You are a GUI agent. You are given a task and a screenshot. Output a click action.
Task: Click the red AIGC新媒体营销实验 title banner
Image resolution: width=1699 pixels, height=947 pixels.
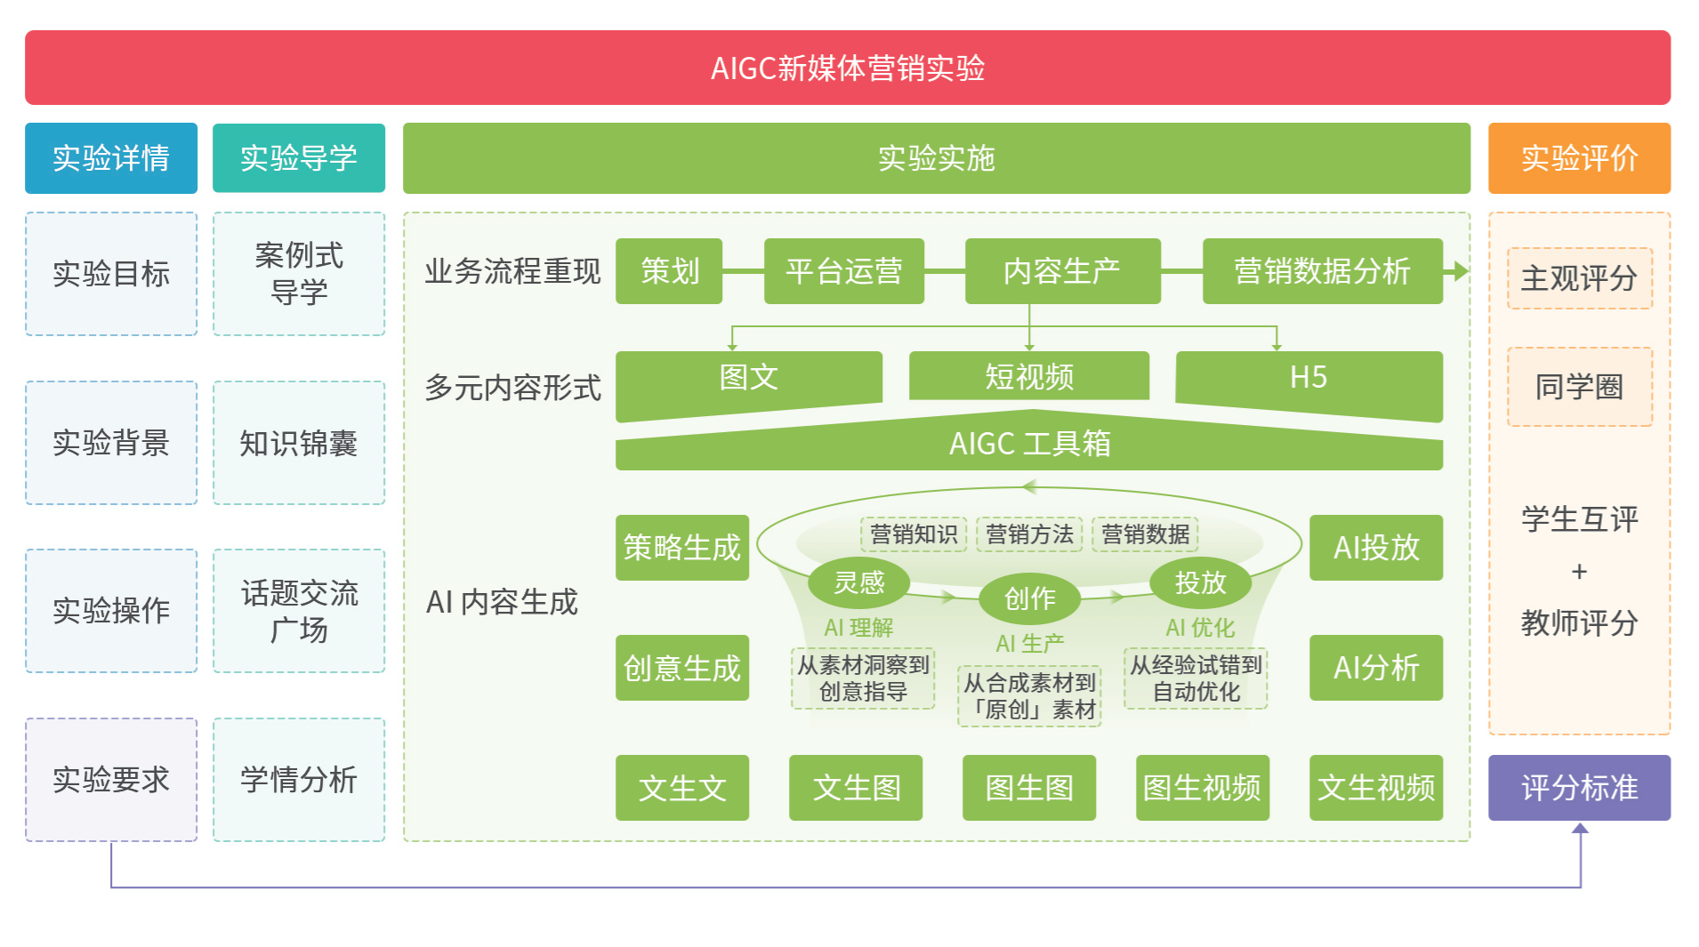tap(847, 68)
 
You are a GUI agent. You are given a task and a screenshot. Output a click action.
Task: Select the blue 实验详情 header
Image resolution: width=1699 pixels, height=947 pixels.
tap(111, 158)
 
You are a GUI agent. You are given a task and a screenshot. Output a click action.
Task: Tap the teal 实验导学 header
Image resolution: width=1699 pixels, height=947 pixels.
tap(299, 158)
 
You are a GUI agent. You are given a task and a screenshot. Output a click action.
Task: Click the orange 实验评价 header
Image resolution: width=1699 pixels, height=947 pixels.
tap(1579, 158)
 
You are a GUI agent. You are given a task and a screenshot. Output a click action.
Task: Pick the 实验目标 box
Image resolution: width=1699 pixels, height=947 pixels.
tap(111, 274)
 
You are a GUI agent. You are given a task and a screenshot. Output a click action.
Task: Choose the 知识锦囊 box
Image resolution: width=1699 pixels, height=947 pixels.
tap(299, 443)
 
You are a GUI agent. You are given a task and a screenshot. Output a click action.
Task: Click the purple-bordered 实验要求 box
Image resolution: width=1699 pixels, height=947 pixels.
tap(111, 780)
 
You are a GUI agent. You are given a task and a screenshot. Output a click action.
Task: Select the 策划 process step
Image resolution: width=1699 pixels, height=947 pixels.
tap(669, 271)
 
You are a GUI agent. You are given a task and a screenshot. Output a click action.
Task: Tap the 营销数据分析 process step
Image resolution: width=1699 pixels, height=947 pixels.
tap(1322, 271)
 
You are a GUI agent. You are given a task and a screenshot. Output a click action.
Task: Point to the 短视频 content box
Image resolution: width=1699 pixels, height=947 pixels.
tap(1029, 377)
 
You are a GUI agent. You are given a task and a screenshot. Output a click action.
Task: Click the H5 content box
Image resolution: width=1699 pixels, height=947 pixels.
tap(1308, 377)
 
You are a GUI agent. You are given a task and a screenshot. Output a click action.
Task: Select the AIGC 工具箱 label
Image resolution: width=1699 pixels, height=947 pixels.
tap(1029, 443)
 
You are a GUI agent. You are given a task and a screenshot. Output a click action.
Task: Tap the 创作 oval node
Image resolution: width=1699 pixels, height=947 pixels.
tap(1029, 598)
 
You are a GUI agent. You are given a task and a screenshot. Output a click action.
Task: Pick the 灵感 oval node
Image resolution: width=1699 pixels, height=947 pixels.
tap(858, 582)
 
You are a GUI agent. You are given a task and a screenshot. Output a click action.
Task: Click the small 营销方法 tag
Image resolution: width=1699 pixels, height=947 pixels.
tap(1029, 534)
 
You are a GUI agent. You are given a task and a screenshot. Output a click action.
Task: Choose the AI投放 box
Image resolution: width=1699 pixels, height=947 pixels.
tap(1376, 548)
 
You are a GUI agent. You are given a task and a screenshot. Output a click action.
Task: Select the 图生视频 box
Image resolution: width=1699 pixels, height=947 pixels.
tap(1202, 788)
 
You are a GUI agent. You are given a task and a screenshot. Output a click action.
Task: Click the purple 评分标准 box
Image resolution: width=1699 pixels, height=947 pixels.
tap(1579, 788)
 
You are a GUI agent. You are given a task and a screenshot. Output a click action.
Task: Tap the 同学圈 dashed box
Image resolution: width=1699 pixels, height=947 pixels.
tap(1579, 387)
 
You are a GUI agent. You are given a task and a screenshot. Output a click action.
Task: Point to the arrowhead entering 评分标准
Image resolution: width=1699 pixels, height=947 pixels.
tap(1581, 829)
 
